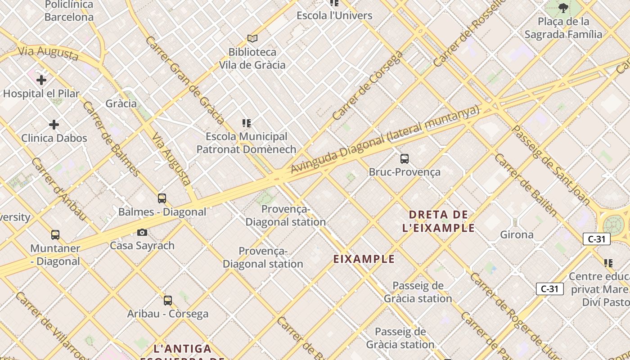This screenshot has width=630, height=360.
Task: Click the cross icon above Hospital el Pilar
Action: coord(41,81)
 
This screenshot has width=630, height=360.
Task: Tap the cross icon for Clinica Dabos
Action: coord(54,125)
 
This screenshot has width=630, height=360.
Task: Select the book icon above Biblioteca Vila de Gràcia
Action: coord(252,39)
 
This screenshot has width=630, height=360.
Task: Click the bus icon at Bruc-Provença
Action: coord(405,158)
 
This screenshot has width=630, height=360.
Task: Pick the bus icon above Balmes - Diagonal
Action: coord(162,198)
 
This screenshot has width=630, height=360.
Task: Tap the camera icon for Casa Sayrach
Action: coord(142,232)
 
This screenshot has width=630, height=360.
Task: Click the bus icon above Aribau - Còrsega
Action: coord(168,300)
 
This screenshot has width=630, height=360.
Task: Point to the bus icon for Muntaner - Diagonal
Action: coord(55,234)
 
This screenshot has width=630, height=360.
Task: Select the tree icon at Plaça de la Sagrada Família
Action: coord(563,8)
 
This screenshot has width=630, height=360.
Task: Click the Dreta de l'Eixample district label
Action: coord(438,221)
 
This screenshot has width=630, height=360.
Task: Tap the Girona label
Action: coord(517,234)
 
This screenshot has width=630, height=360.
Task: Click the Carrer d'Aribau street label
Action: coord(58,189)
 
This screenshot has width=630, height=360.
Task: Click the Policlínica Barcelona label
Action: coord(69,11)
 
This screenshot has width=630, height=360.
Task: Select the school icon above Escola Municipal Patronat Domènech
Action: coord(246,123)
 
